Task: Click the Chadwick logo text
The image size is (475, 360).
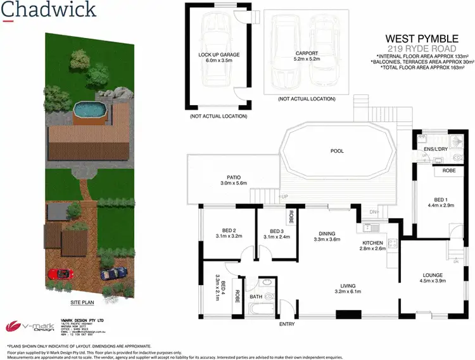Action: click(49, 10)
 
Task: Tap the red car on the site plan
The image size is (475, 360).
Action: click(60, 274)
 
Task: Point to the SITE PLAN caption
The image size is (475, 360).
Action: click(83, 303)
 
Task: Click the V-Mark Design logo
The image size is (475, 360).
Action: click(26, 326)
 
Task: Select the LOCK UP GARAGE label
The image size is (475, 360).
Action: click(218, 55)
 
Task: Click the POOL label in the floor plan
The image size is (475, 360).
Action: click(336, 151)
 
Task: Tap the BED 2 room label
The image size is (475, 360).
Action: click(229, 230)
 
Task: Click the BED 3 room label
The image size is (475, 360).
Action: click(276, 231)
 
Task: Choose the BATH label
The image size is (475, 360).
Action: click(256, 296)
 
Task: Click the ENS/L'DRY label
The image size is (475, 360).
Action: click(436, 149)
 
